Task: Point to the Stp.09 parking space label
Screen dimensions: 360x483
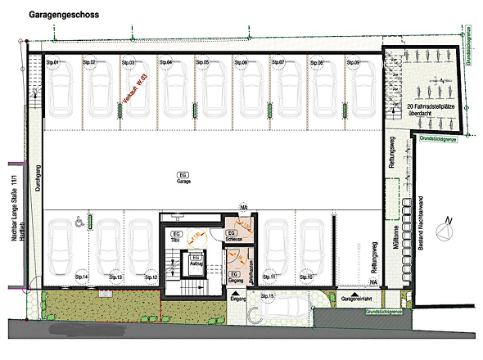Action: pyautogui.click(x=354, y=62)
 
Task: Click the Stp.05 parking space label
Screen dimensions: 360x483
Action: pyautogui.click(x=203, y=62)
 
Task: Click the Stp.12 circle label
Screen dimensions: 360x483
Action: pyautogui.click(x=151, y=277)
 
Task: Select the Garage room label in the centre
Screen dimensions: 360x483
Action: pyautogui.click(x=184, y=179)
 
